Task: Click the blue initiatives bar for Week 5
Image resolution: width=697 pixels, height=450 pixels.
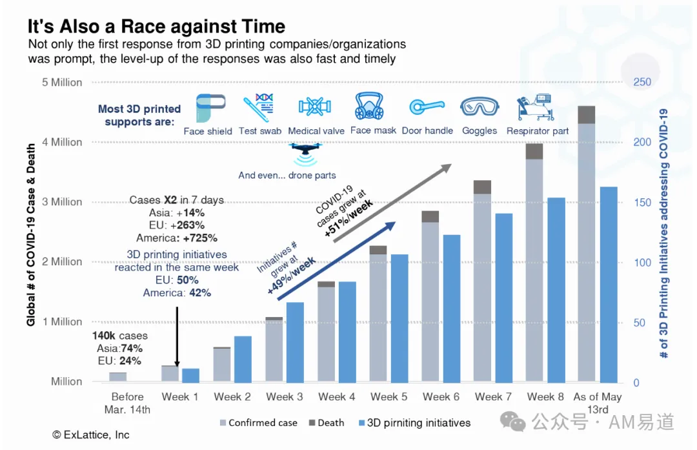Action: [x=399, y=318]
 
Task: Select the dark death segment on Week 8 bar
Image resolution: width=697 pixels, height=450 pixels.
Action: [x=534, y=151]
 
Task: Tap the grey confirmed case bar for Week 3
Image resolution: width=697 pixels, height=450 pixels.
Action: [x=274, y=351]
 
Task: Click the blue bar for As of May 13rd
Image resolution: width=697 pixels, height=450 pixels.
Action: [x=609, y=285]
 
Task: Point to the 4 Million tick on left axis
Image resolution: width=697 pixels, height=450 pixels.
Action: [x=62, y=142]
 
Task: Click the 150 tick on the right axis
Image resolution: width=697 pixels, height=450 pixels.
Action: [x=642, y=202]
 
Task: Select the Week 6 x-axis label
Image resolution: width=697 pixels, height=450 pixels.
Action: [x=441, y=396]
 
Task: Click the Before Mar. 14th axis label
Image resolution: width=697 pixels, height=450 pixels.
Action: [x=128, y=403]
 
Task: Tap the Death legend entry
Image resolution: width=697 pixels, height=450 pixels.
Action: [x=327, y=423]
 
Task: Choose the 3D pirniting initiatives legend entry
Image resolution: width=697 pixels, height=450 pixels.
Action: [x=414, y=423]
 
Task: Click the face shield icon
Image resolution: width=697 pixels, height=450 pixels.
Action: [x=210, y=108]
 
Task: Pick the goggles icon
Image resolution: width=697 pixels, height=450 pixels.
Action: [x=479, y=107]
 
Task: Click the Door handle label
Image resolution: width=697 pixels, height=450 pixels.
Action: [x=428, y=130]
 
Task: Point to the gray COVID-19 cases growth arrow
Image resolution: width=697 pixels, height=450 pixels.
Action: [x=392, y=203]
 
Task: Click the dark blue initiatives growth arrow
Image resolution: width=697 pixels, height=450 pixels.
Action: [x=336, y=261]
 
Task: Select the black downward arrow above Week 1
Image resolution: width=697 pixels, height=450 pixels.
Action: [x=177, y=336]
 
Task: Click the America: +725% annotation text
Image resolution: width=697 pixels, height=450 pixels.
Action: [x=177, y=238]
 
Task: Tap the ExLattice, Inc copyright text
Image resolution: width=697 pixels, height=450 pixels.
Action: [x=91, y=435]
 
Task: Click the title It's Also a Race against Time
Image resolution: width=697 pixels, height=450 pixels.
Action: [x=156, y=26]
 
